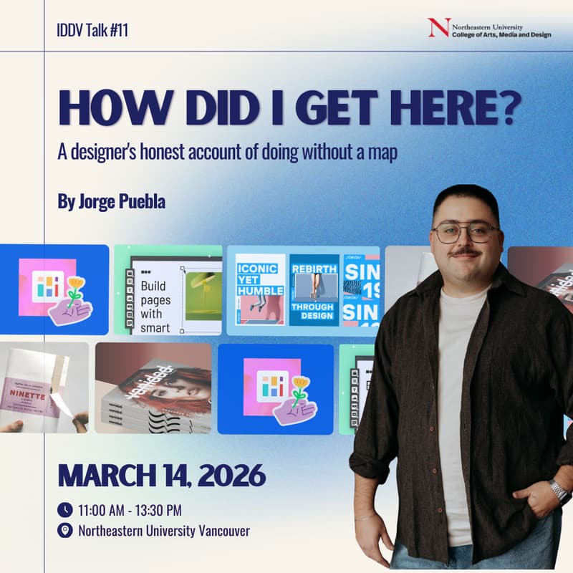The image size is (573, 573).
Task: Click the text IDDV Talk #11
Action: [x=92, y=31]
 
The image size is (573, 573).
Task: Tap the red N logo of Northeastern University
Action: [x=438, y=27]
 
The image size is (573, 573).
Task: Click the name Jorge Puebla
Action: [x=111, y=201]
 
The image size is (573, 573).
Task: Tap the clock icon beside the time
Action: [x=65, y=510]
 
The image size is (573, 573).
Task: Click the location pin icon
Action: [x=65, y=531]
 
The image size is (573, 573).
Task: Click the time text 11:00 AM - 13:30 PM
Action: [x=130, y=510]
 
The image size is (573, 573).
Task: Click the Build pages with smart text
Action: [x=156, y=307]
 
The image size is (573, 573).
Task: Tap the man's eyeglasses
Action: [x=465, y=232]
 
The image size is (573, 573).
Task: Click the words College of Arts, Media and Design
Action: [x=501, y=34]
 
